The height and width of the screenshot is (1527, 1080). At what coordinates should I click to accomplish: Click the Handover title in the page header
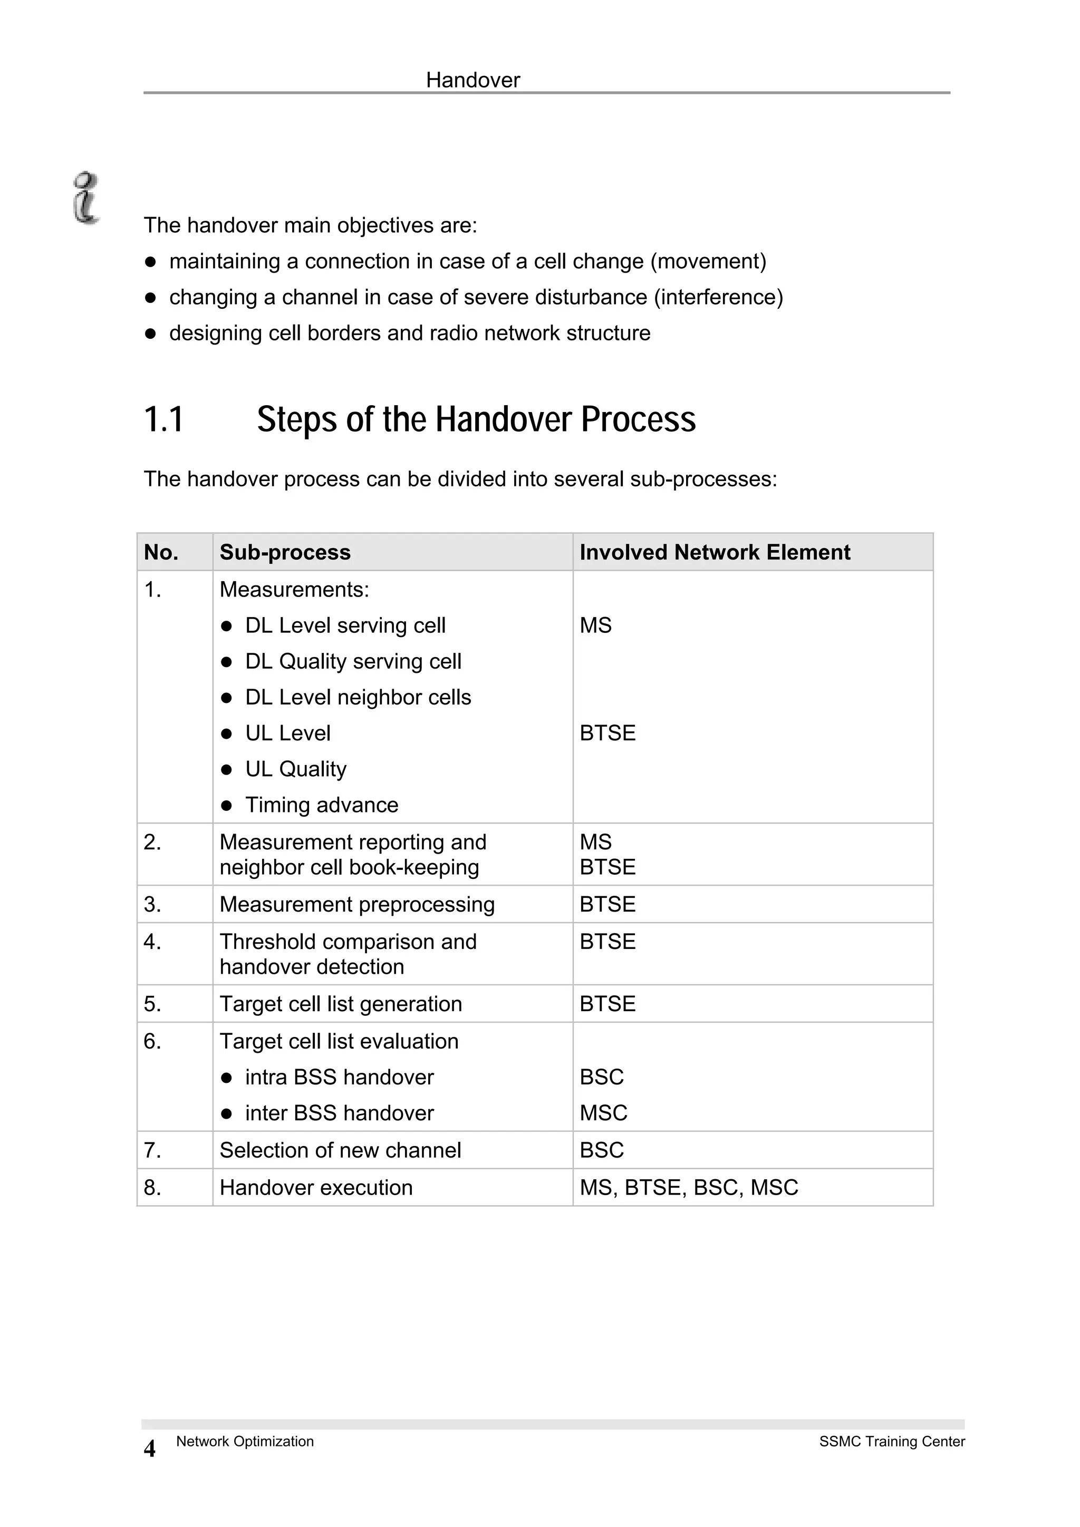472,81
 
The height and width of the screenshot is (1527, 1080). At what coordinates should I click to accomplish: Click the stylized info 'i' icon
86,198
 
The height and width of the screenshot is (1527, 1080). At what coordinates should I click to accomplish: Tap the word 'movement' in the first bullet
708,261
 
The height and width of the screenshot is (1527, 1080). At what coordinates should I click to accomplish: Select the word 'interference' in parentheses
719,297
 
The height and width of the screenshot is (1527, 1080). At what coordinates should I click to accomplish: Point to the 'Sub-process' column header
285,552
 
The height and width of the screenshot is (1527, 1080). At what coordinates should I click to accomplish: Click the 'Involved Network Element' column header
715,552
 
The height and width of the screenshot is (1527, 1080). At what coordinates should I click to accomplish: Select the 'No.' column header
161,552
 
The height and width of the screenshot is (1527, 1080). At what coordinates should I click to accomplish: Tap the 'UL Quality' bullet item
295,769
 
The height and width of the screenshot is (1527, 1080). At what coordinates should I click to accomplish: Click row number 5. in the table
152,1004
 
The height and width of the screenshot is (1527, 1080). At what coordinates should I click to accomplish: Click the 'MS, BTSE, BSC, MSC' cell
689,1187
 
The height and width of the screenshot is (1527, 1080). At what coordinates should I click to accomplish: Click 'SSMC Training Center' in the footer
892,1441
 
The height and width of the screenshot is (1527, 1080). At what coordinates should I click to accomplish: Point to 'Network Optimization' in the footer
245,1441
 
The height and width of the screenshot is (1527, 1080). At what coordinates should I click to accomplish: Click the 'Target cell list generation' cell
341,1004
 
